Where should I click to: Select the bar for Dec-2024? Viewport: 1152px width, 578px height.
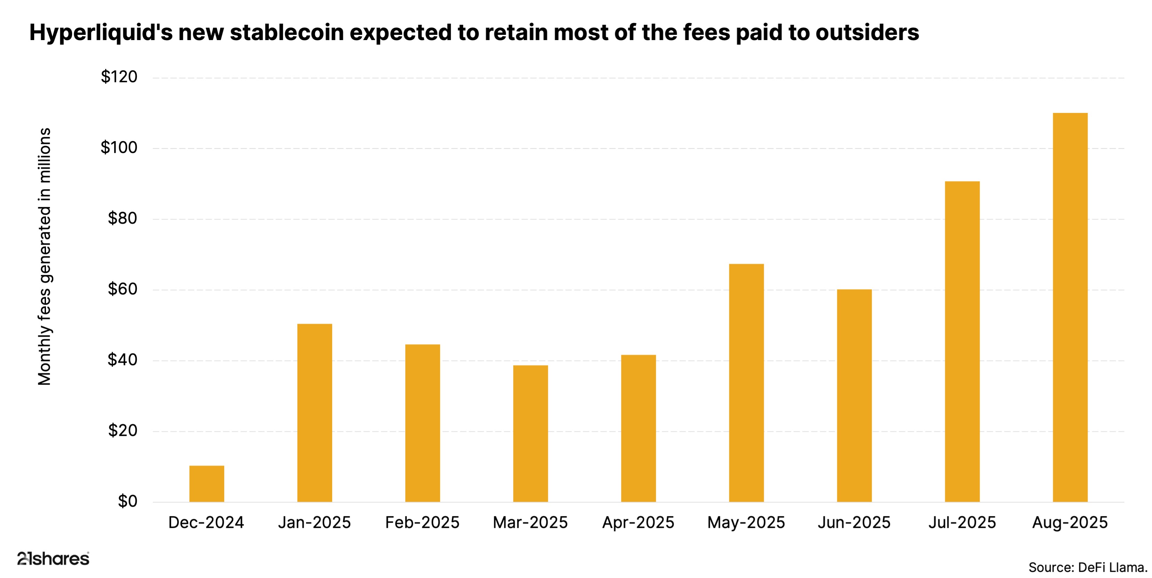tap(206, 484)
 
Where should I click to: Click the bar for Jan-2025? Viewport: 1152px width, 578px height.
tap(314, 413)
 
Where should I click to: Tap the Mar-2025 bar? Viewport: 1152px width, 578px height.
tap(530, 433)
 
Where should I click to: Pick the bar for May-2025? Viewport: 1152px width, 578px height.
tap(746, 383)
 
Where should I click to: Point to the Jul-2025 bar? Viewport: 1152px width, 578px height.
tap(962, 341)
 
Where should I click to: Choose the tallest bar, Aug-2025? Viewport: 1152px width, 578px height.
tap(1070, 307)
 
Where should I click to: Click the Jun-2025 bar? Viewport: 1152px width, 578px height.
tap(854, 395)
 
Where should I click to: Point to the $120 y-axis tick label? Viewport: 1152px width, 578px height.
tap(119, 77)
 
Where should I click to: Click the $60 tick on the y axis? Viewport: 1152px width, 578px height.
tap(122, 289)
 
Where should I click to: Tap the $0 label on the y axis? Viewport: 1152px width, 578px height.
tap(127, 501)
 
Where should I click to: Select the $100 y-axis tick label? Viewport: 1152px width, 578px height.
tap(119, 148)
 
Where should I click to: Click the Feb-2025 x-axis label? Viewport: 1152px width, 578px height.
tap(422, 523)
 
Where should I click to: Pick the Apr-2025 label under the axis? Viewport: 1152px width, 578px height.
tap(638, 523)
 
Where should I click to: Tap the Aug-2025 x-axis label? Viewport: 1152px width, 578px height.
tap(1070, 523)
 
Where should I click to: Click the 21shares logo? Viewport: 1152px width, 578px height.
tap(53, 558)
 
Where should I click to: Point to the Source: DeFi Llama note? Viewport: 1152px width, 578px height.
tap(1088, 567)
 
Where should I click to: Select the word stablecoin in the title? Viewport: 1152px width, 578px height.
tap(287, 33)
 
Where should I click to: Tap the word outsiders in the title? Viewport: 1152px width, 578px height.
tap(867, 33)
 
